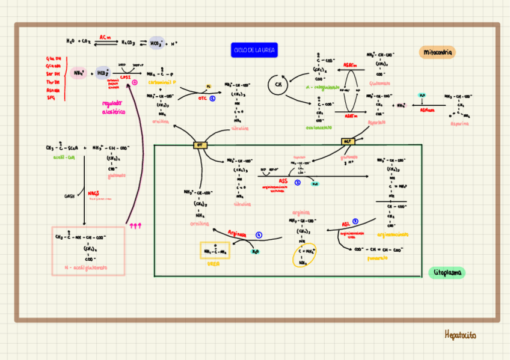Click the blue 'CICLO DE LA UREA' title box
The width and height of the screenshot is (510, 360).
tap(254, 50)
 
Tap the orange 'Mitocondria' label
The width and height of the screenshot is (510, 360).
tap(437, 52)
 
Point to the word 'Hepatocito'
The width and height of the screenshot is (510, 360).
tap(460, 335)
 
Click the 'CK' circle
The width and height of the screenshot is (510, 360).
tap(278, 85)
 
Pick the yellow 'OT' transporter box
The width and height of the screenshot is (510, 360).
tap(200, 145)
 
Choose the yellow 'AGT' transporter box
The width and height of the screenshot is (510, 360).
tap(347, 141)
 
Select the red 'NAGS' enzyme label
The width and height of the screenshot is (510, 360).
tap(93, 193)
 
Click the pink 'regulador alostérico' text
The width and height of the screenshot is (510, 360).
tap(113, 107)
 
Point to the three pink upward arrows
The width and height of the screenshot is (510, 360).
tap(135, 225)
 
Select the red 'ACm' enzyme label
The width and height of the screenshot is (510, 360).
tap(105, 37)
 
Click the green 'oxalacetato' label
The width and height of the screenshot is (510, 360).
tap(319, 127)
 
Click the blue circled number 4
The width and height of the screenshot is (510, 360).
tap(259, 235)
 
